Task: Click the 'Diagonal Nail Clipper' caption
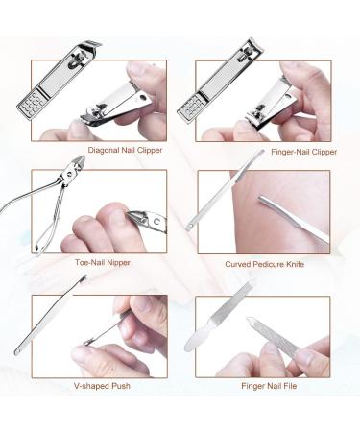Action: click(x=126, y=149)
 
